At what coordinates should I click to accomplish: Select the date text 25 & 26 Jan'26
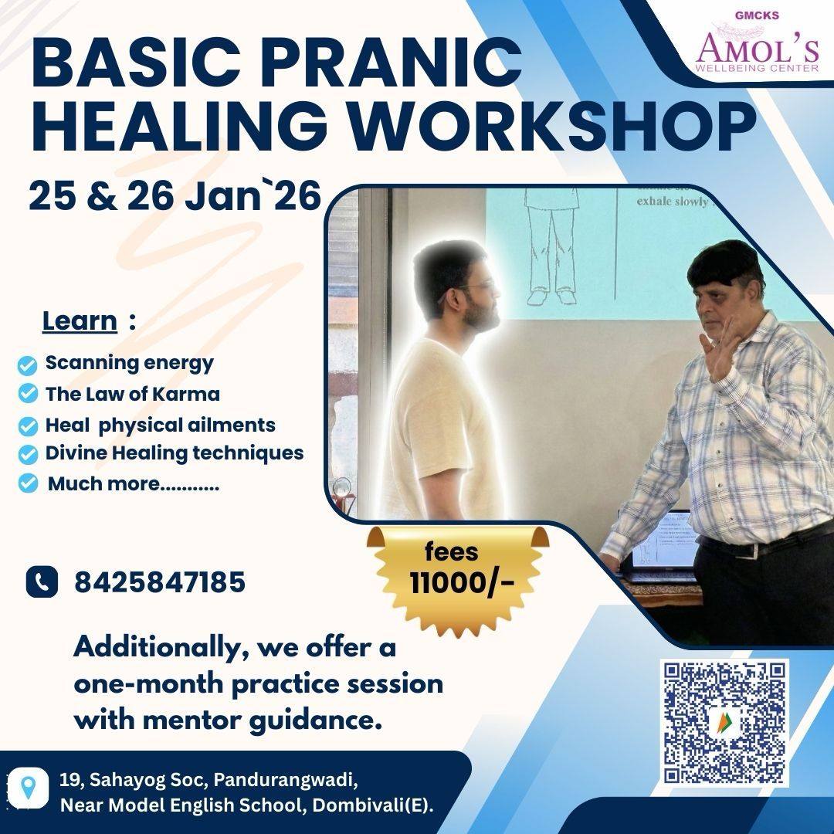pyautogui.click(x=175, y=196)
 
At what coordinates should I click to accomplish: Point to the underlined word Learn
pyautogui.click(x=80, y=320)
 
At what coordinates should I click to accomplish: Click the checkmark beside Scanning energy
pyautogui.click(x=29, y=364)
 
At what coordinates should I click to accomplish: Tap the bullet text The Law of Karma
pyautogui.click(x=132, y=394)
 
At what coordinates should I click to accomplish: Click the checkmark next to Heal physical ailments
pyautogui.click(x=29, y=426)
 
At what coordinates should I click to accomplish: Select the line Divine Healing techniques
pyautogui.click(x=174, y=453)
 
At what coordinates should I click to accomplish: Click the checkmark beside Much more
pyautogui.click(x=29, y=484)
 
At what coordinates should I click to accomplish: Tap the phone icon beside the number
pyautogui.click(x=42, y=581)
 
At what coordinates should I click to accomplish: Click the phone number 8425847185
pyautogui.click(x=160, y=582)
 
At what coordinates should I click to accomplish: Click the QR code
pyautogui.click(x=724, y=723)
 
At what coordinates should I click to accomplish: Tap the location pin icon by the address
pyautogui.click(x=29, y=788)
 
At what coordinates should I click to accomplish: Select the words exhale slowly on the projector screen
pyautogui.click(x=671, y=201)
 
